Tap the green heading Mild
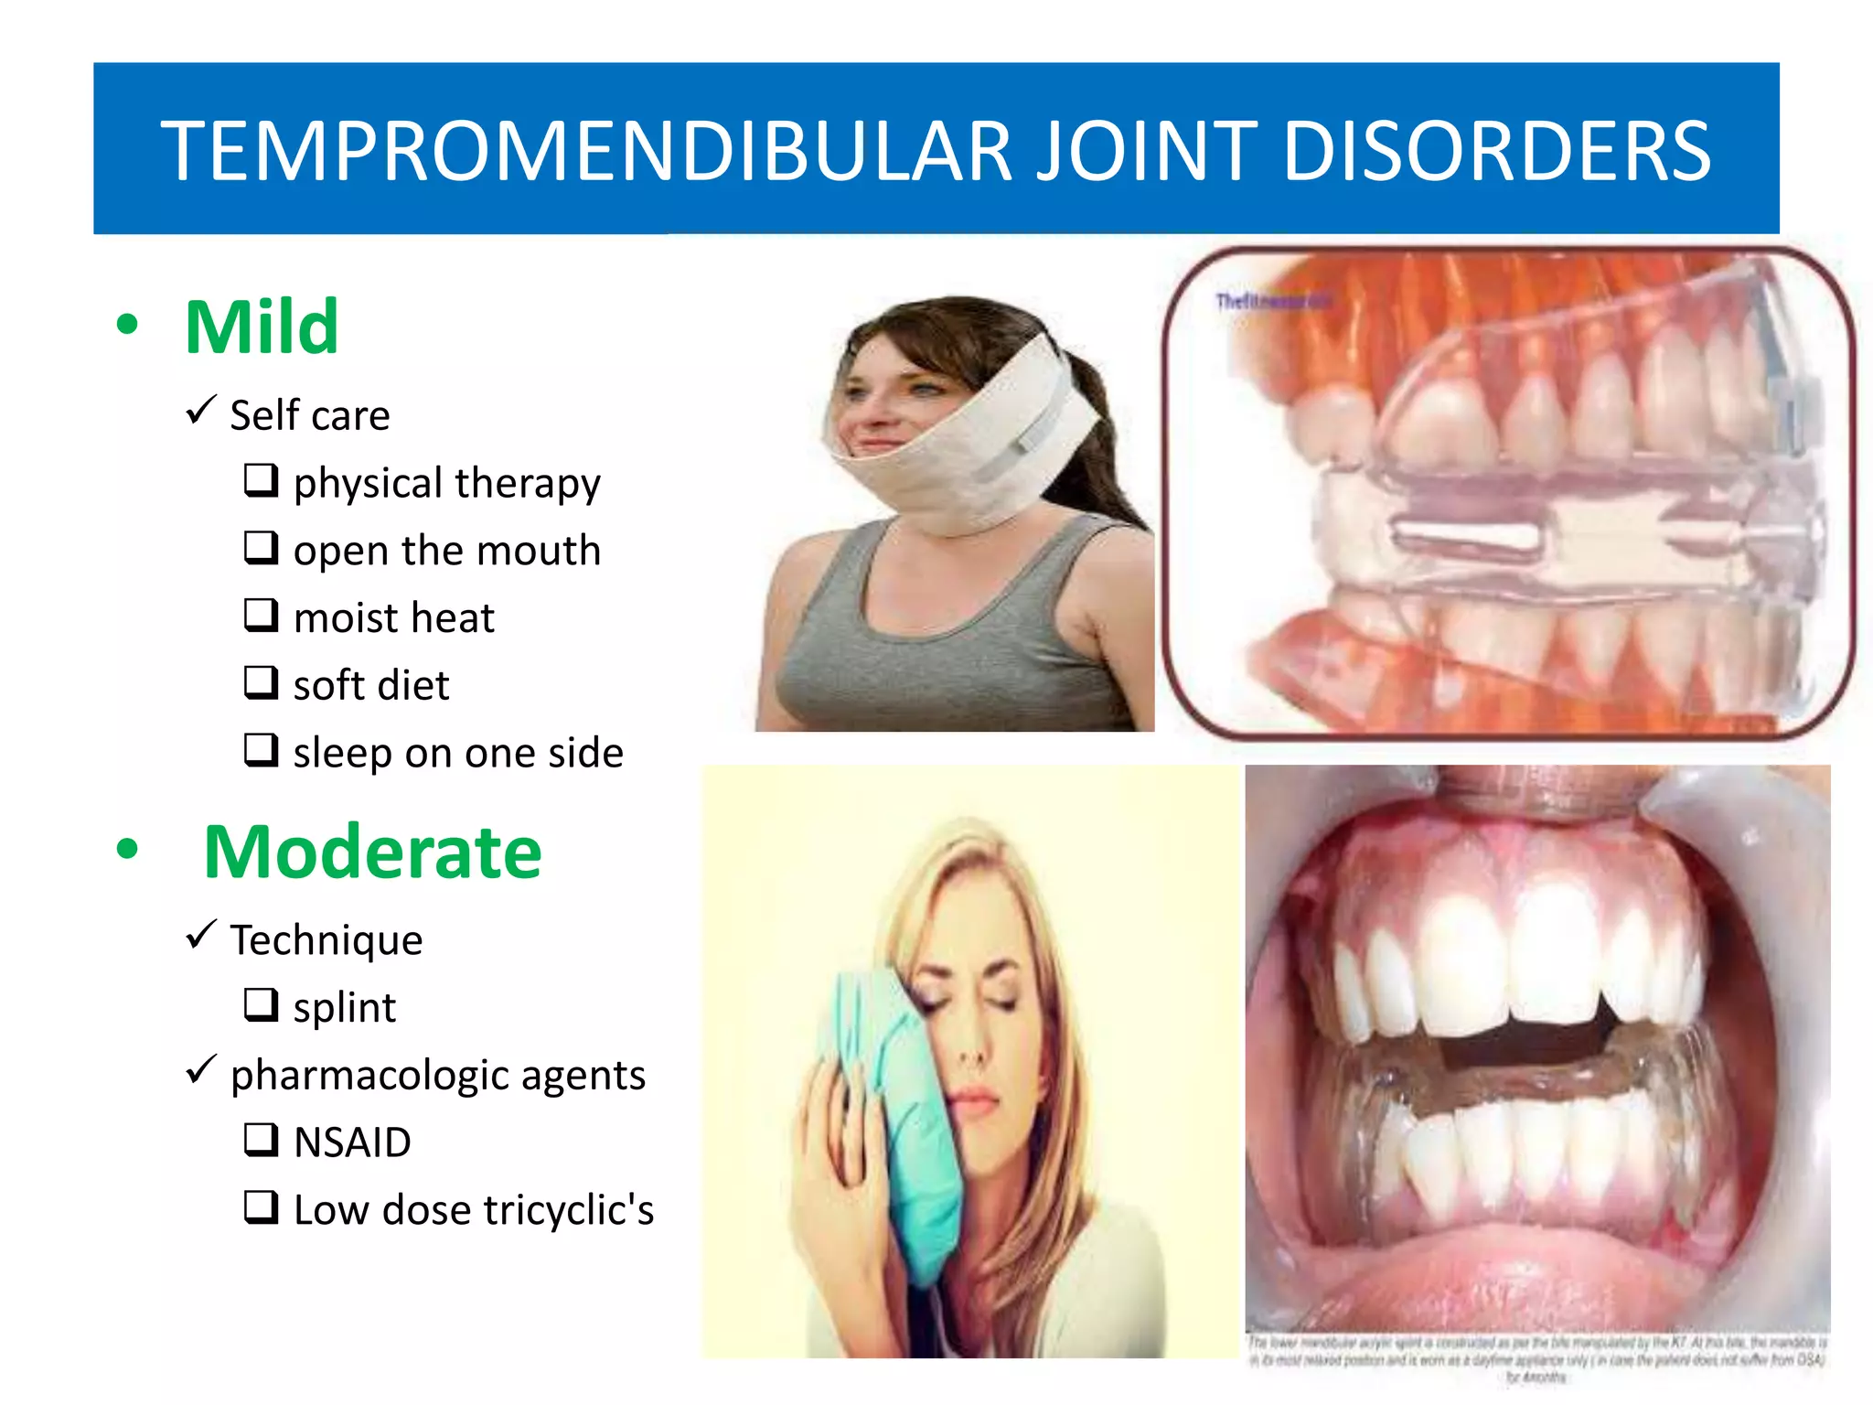262,327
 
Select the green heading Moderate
372,852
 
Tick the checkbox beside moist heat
261,615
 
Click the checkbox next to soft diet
261,682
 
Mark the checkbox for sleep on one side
261,750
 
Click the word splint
345,1008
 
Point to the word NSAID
352,1142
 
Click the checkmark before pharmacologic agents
200,1069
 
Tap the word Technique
326,940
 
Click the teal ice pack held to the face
901,1107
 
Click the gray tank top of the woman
951,640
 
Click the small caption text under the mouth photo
1536,1357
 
